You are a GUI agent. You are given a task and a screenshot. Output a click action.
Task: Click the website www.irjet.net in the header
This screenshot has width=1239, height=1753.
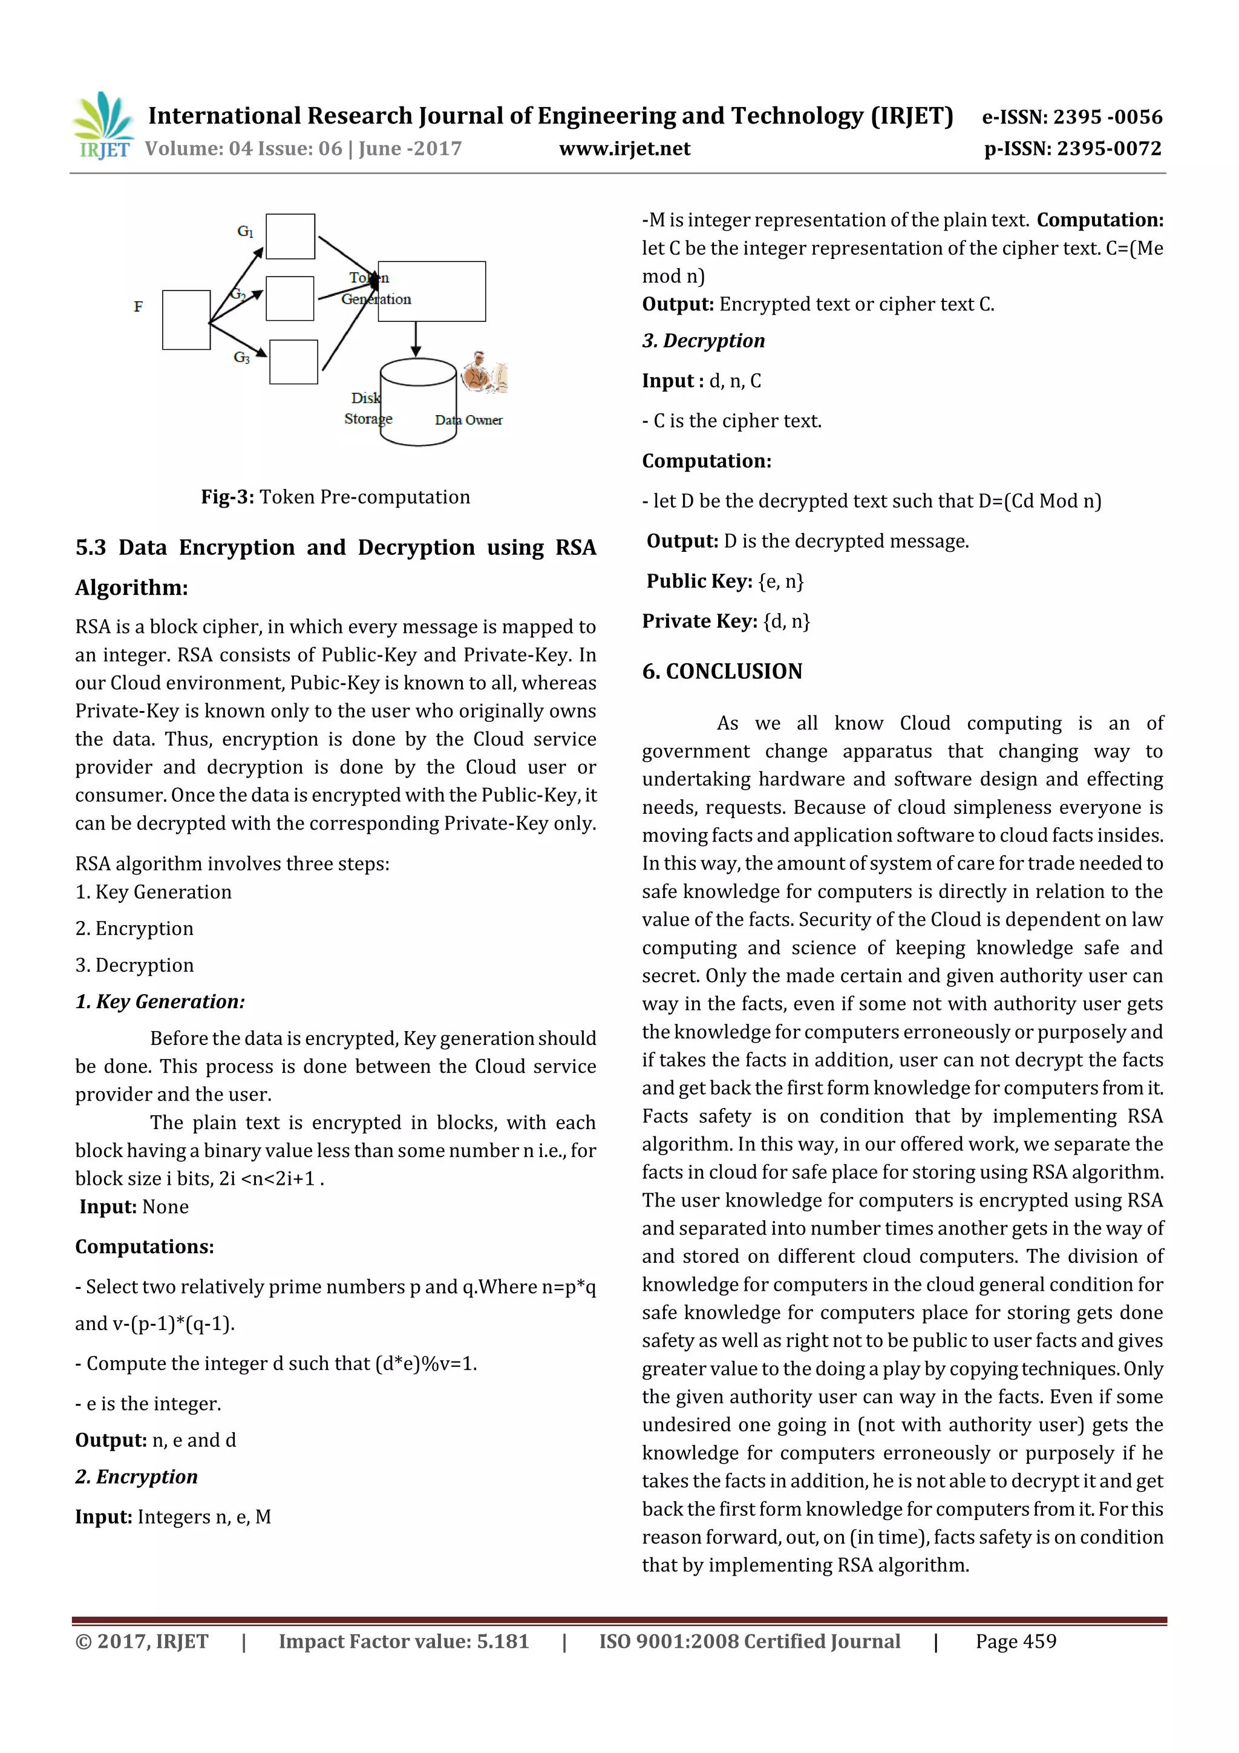click(624, 149)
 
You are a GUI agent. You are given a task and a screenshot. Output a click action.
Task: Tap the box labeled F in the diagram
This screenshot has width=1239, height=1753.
click(186, 320)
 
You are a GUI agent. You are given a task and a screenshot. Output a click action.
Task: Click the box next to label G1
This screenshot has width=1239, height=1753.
click(290, 237)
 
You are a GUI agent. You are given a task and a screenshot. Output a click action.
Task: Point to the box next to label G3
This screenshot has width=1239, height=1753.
click(293, 362)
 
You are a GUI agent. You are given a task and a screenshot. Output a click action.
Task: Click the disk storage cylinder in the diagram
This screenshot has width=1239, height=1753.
click(417, 403)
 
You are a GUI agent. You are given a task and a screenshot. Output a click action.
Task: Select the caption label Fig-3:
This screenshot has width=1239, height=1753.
click(227, 497)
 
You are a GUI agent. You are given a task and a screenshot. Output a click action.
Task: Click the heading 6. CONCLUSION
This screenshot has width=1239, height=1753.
click(721, 671)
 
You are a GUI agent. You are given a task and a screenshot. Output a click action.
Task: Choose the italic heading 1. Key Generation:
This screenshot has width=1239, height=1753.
click(160, 1001)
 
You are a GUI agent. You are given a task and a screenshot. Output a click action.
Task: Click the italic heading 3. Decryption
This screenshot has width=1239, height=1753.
click(703, 341)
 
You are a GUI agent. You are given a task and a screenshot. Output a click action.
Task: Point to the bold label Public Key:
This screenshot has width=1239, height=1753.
click(699, 581)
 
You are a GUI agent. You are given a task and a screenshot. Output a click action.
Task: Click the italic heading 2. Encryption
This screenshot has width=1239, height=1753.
click(137, 1476)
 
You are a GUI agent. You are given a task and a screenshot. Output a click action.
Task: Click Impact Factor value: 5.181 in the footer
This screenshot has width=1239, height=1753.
click(403, 1641)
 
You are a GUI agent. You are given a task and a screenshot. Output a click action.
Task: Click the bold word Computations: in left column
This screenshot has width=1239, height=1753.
click(144, 1247)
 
